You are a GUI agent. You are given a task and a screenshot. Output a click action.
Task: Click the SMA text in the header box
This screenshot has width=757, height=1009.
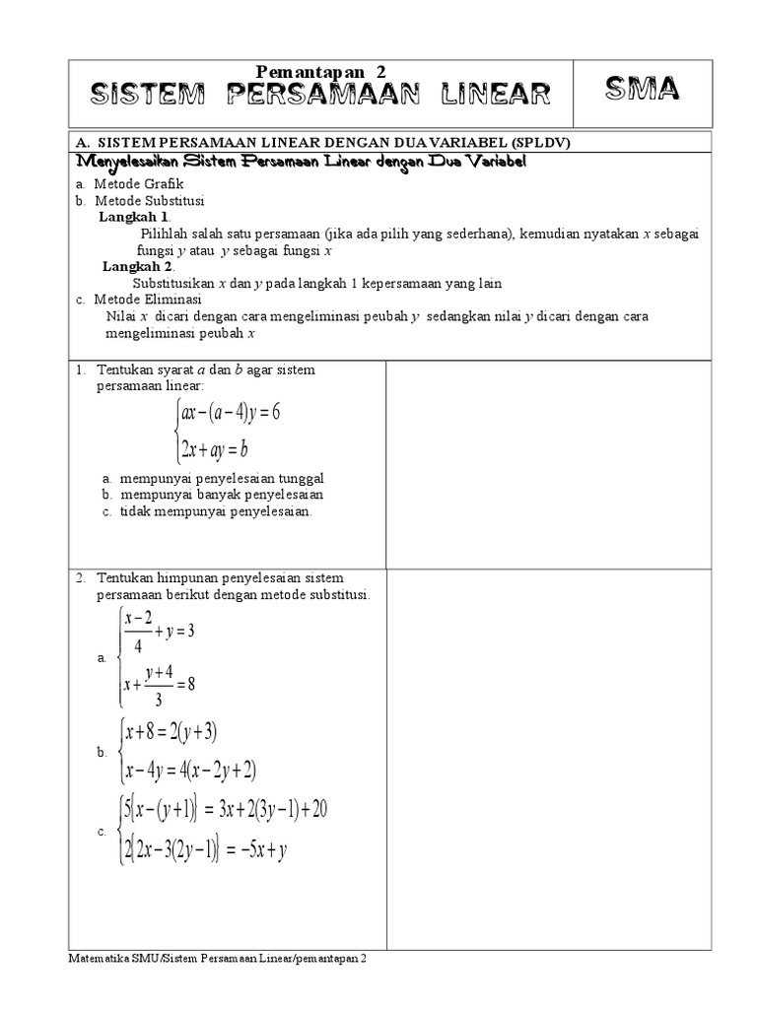(x=642, y=92)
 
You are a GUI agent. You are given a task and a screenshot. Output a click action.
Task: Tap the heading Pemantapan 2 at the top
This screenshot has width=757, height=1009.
(x=321, y=72)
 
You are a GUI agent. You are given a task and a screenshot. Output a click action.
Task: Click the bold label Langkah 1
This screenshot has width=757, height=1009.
(x=135, y=216)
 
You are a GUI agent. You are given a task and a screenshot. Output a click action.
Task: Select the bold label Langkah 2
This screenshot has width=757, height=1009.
(x=138, y=266)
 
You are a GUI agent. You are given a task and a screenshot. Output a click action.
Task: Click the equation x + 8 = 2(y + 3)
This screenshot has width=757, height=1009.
(x=170, y=731)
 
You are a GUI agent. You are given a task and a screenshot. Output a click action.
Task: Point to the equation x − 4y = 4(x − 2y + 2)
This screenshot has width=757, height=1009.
(x=191, y=770)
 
